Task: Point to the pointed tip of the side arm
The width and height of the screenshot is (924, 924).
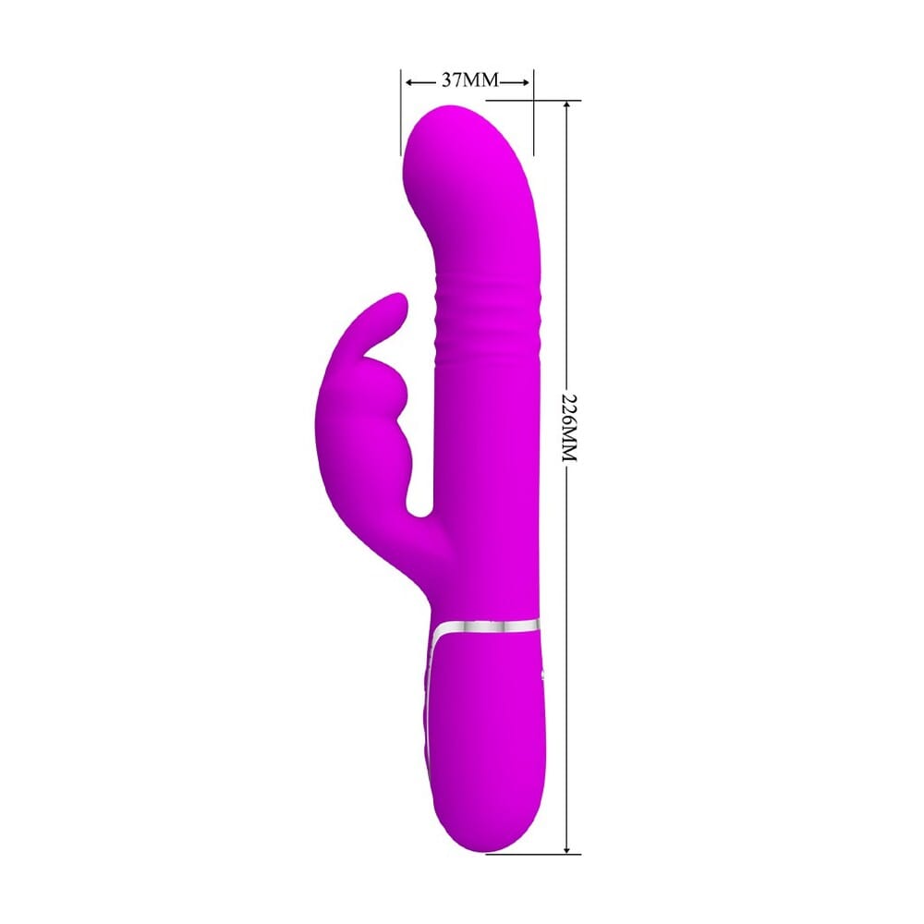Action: click(397, 301)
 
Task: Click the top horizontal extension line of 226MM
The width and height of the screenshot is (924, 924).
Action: click(559, 100)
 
